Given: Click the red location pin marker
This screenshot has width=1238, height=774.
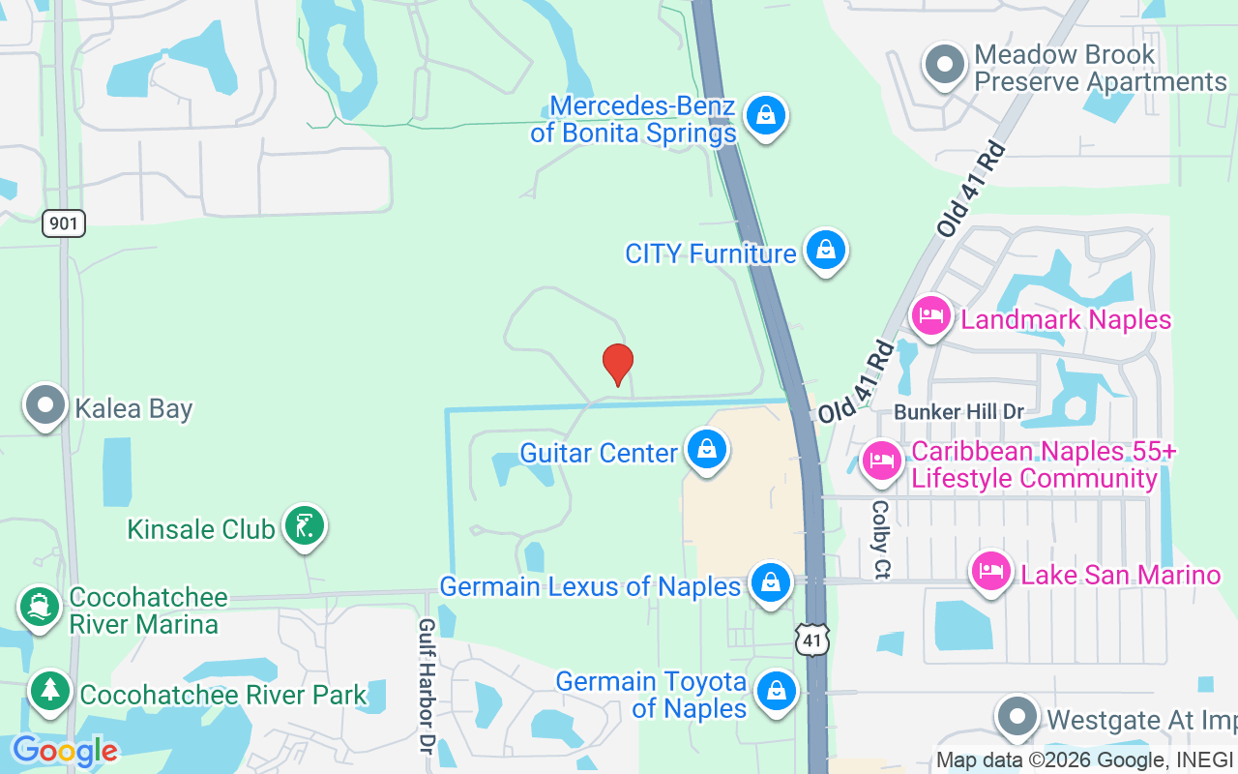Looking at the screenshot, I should tap(617, 364).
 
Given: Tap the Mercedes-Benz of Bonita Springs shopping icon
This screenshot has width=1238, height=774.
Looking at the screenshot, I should tap(766, 115).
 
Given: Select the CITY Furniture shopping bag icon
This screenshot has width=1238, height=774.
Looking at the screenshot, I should tap(826, 250).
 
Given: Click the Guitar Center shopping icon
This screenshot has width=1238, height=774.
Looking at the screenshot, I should tap(707, 450).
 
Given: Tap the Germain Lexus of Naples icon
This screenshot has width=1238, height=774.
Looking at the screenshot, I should tap(770, 583).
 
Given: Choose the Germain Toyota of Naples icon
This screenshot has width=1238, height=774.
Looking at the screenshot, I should tap(776, 691).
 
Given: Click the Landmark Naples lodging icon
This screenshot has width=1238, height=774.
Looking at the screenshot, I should tap(931, 316).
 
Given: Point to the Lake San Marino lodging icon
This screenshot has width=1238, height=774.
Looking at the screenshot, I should tap(990, 571).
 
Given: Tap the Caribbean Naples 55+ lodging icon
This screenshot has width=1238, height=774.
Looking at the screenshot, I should tap(880, 460).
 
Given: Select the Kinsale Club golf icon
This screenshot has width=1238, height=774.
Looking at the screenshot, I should tap(305, 525).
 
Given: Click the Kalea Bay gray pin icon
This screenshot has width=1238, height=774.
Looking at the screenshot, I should tap(45, 405).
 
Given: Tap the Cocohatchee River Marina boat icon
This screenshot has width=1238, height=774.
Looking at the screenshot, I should tap(40, 607).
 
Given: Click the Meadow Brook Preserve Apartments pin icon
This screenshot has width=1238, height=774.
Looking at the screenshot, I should tap(945, 66).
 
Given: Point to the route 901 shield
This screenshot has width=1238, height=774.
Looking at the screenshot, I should tap(64, 224).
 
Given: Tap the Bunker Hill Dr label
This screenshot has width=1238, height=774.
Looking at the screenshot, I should tap(958, 412).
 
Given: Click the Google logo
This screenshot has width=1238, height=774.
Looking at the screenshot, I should tap(64, 751).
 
